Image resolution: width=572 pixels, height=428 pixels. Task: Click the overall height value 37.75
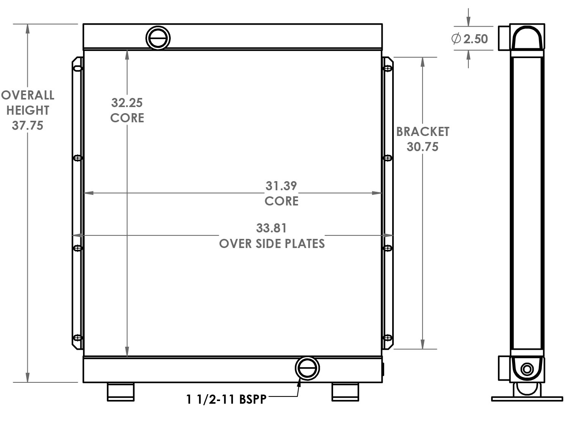[x=27, y=125]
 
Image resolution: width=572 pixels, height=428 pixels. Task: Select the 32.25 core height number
[x=127, y=103]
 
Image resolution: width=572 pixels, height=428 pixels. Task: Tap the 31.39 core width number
[x=281, y=186]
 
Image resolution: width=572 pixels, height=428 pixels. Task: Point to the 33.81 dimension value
[x=272, y=228]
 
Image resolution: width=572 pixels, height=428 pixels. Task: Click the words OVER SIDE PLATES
[x=272, y=243]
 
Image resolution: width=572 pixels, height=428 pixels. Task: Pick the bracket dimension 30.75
[x=422, y=147]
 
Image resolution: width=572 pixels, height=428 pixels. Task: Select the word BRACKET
[x=423, y=132]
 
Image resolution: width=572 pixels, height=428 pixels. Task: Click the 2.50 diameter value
[x=475, y=39]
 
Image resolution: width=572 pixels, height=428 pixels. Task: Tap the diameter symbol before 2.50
[x=456, y=39]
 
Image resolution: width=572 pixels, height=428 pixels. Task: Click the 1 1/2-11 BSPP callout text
[x=226, y=399]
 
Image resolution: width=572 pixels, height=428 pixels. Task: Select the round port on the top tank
[x=158, y=38]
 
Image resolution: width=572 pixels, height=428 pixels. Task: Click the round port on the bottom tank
[x=307, y=368]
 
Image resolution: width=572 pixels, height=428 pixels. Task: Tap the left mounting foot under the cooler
[x=121, y=392]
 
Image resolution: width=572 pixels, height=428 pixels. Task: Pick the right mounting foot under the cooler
[x=345, y=392]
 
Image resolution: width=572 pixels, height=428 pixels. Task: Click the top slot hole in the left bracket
[x=78, y=68]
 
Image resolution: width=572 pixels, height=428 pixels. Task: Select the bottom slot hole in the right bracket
[x=388, y=337]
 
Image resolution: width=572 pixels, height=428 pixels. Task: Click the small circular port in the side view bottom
[x=527, y=369]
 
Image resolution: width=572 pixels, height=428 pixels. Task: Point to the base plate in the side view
[x=527, y=399]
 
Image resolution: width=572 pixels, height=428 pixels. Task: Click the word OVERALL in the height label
[x=27, y=95]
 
